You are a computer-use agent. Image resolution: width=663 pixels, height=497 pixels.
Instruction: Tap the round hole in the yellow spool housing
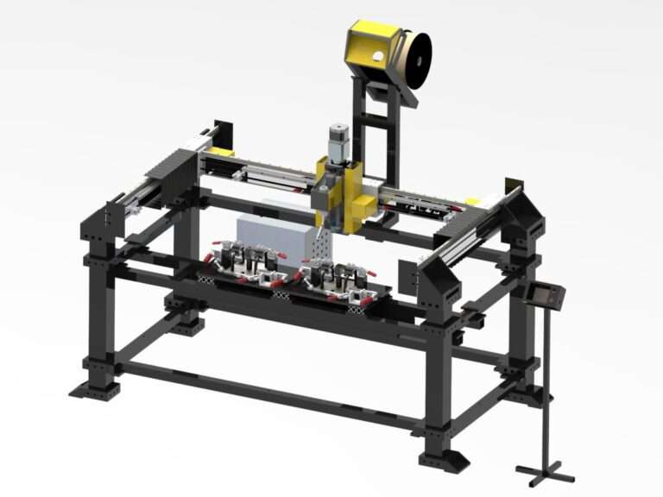point(376,56)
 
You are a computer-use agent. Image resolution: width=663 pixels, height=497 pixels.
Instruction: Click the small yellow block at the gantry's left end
point(222,152)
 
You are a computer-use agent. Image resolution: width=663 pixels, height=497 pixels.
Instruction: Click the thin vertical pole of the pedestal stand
point(545,388)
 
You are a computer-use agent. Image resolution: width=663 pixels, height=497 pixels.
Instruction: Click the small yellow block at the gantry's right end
point(472,201)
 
